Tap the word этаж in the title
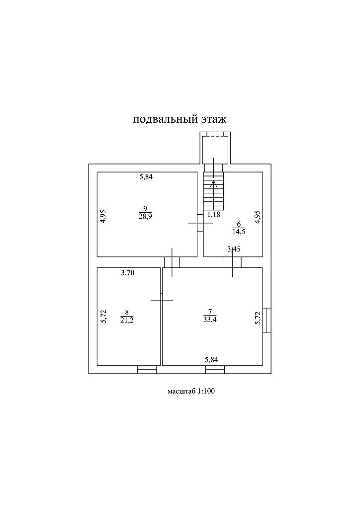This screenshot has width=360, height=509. click(x=213, y=120)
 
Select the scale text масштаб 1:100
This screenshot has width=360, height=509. click(x=191, y=391)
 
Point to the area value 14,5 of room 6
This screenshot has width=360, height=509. click(x=238, y=231)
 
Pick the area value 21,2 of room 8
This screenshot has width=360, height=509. click(x=127, y=320)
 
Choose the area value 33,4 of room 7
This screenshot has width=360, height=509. click(x=209, y=320)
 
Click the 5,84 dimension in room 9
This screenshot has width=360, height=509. click(x=146, y=177)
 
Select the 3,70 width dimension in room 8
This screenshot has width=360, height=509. click(x=129, y=272)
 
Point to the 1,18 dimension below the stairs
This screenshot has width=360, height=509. click(x=213, y=214)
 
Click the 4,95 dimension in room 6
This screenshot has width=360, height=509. click(x=257, y=217)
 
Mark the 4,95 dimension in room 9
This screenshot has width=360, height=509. click(x=103, y=217)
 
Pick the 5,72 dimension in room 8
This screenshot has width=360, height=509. click(x=103, y=316)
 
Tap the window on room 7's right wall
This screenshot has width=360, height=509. click(x=268, y=320)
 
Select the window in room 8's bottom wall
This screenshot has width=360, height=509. click(x=147, y=369)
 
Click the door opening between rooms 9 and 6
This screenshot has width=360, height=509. click(x=200, y=223)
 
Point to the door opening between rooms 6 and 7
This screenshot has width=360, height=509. click(x=233, y=262)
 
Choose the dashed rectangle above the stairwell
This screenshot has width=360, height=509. click(x=215, y=134)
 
